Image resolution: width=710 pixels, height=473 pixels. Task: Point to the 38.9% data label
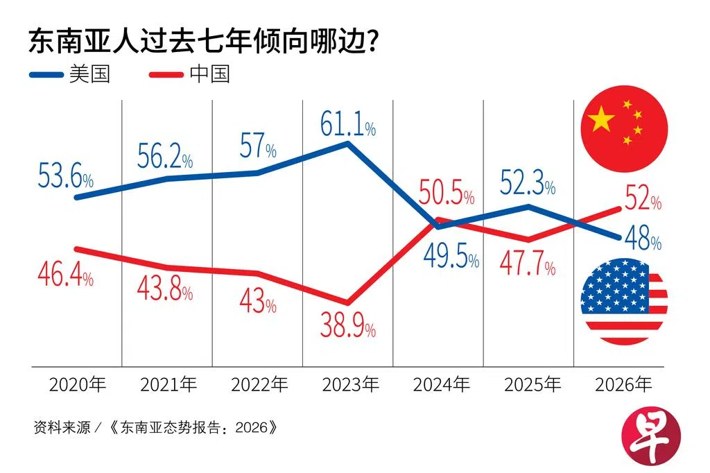click(347, 324)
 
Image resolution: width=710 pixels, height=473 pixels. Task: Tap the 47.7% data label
click(527, 265)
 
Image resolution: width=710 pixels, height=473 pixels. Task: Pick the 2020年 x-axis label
click(77, 384)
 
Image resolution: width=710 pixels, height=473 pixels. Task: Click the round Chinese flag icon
click(623, 129)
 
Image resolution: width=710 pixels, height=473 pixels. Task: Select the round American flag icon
click(623, 301)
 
